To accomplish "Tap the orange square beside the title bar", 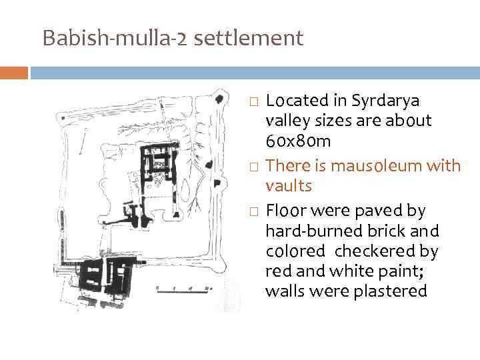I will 14,72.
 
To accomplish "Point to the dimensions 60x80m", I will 298,142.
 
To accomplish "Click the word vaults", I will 288,185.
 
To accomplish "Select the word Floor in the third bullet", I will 286,211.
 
